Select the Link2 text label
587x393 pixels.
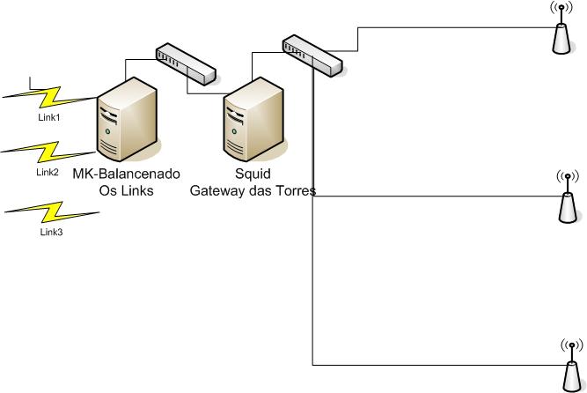(x=48, y=173)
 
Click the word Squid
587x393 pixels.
(x=253, y=174)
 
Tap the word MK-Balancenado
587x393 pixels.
(x=126, y=174)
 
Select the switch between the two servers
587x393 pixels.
(x=185, y=64)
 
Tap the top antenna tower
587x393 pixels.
(x=560, y=30)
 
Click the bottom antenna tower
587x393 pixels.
(x=570, y=365)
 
